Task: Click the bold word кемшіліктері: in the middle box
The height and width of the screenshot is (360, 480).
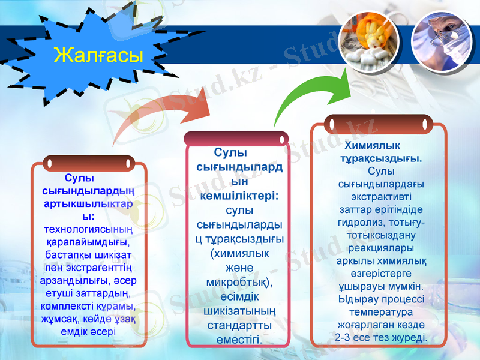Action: [239, 196]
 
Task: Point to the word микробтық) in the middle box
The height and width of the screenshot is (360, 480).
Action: [239, 281]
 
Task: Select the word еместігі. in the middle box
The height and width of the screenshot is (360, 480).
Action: [239, 340]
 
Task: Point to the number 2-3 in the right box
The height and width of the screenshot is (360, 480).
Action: [346, 337]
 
